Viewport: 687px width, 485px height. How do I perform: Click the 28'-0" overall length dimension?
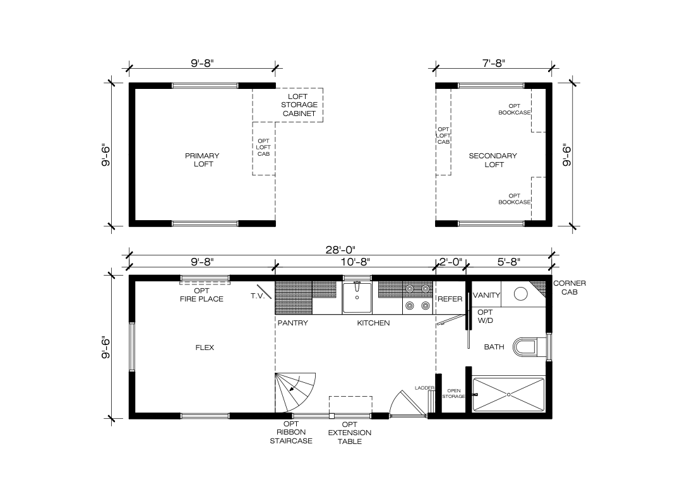click(x=340, y=250)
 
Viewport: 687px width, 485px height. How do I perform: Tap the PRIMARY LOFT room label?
click(x=203, y=160)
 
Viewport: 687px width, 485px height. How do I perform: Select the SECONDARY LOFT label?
click(x=493, y=160)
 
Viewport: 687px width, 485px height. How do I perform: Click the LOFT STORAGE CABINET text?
click(x=299, y=105)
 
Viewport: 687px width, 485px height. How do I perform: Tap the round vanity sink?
click(x=520, y=294)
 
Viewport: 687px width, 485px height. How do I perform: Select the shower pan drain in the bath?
click(x=509, y=394)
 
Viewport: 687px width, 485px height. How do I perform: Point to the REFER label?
click(x=450, y=299)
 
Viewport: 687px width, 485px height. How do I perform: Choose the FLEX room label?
click(x=205, y=348)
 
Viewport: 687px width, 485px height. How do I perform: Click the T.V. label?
click(x=258, y=296)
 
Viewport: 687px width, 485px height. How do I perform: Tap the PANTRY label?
click(x=293, y=323)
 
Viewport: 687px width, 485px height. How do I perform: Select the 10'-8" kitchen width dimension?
click(x=355, y=262)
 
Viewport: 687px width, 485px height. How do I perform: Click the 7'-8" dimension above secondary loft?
click(x=494, y=63)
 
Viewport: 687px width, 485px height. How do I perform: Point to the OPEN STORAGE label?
click(x=453, y=394)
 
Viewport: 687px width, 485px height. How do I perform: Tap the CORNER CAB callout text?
click(x=570, y=288)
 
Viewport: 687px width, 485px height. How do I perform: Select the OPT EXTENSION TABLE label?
click(x=350, y=433)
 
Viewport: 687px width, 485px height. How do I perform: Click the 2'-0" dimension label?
click(x=450, y=262)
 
